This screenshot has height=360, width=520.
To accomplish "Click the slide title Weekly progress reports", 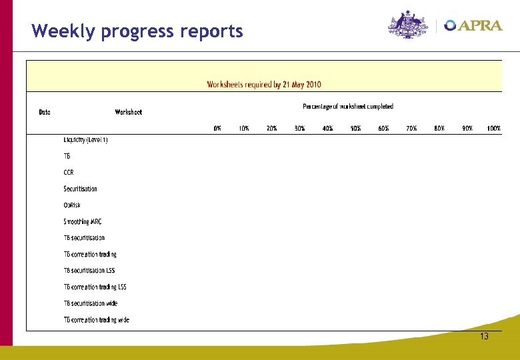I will click(x=137, y=31).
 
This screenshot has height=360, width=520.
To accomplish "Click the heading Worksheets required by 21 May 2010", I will click(x=264, y=85).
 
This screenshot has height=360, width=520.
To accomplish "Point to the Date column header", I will click(x=45, y=112).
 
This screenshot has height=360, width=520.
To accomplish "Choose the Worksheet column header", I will click(x=128, y=112).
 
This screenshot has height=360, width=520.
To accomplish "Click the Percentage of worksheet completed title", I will click(x=348, y=106).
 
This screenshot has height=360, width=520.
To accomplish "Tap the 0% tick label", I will click(x=217, y=128).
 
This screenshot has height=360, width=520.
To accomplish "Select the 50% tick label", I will click(x=355, y=128).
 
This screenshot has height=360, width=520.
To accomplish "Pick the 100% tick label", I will click(x=493, y=128).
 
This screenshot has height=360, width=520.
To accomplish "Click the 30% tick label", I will click(x=300, y=128).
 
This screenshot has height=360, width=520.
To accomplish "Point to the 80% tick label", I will click(x=439, y=128).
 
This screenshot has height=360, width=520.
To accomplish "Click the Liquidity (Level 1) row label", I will click(x=85, y=140).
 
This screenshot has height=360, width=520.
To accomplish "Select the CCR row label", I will click(x=69, y=173).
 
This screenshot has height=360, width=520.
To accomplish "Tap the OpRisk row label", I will click(x=72, y=205).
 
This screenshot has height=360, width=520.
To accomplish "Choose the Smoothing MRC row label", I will click(x=83, y=221).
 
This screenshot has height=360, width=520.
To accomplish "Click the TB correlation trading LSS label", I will click(x=95, y=287).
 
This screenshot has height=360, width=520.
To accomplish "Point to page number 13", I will click(x=484, y=337).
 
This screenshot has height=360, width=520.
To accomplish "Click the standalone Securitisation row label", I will click(x=80, y=189).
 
